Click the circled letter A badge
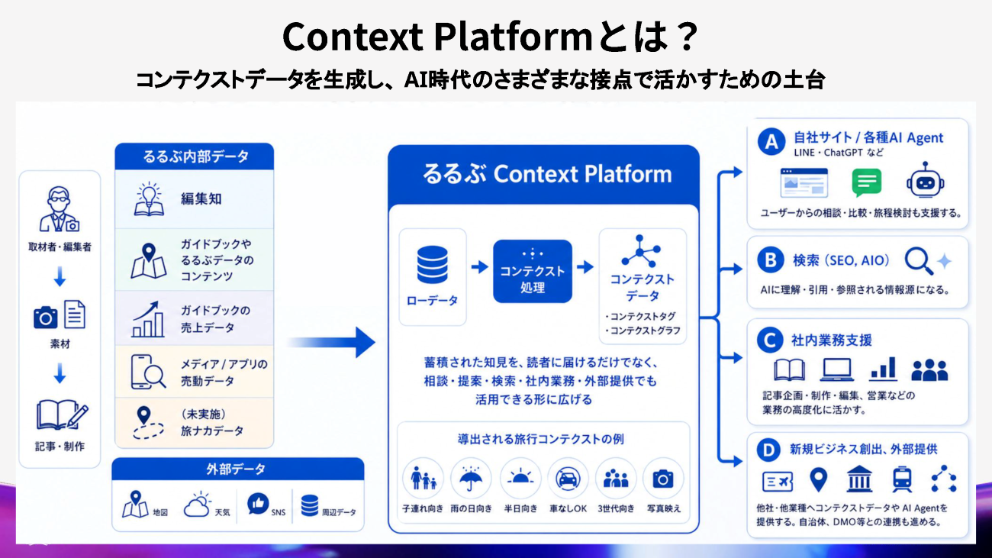[x=771, y=142]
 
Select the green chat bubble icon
[x=866, y=182]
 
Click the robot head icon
[x=925, y=180]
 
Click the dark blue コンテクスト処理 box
[x=533, y=272]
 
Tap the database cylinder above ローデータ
[x=432, y=265]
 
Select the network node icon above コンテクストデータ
[x=641, y=251]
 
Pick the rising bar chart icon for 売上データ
[x=148, y=319]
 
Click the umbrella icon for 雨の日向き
[x=471, y=479]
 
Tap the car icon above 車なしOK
[x=568, y=479]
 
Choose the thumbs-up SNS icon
[x=258, y=504]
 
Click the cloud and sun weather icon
[x=197, y=505]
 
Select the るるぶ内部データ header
[x=195, y=156]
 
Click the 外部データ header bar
[x=238, y=469]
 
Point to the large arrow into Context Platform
[x=331, y=342]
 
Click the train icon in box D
[x=902, y=479]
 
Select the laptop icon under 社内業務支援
[x=836, y=369]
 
